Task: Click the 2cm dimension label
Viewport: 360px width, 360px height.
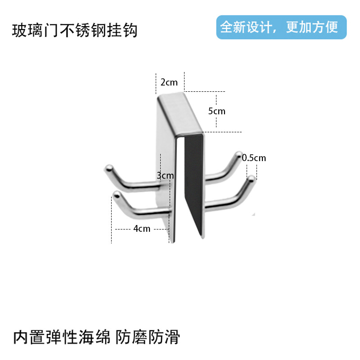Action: (x=169, y=82)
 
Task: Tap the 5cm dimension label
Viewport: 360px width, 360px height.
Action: (x=216, y=111)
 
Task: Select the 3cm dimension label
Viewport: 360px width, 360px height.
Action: (x=165, y=175)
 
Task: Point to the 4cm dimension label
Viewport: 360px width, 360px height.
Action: (x=142, y=229)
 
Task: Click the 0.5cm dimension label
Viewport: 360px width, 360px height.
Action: (x=254, y=158)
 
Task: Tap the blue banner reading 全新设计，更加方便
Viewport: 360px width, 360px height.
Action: (x=281, y=27)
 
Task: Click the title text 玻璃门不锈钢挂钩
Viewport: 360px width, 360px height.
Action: (x=74, y=31)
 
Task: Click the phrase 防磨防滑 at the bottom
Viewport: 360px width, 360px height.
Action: (x=148, y=337)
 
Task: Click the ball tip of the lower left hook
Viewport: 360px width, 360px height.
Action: (x=116, y=195)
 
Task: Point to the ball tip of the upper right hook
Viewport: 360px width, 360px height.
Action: (x=238, y=156)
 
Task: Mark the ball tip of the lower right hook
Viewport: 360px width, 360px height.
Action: (x=251, y=179)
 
